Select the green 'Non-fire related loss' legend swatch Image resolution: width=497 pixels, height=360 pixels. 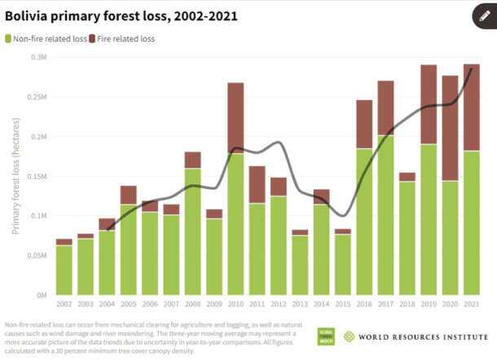[x=9, y=38]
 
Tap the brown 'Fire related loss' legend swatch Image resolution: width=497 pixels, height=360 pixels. [x=93, y=38]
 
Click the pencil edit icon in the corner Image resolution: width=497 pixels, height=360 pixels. [x=481, y=16]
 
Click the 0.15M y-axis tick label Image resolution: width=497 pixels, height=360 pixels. [x=36, y=176]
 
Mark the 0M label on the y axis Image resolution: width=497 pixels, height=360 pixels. [x=41, y=295]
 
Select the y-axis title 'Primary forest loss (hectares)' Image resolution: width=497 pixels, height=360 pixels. [x=15, y=176]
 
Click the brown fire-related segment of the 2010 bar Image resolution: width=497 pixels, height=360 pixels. [x=235, y=117]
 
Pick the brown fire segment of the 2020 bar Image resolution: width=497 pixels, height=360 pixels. [x=449, y=128]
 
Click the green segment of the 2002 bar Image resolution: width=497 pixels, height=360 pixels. [x=64, y=270]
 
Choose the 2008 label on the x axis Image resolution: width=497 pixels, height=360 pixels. [x=192, y=305]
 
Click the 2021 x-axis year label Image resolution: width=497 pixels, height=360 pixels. [x=470, y=305]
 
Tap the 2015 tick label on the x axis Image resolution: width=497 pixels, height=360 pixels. [x=342, y=305]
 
